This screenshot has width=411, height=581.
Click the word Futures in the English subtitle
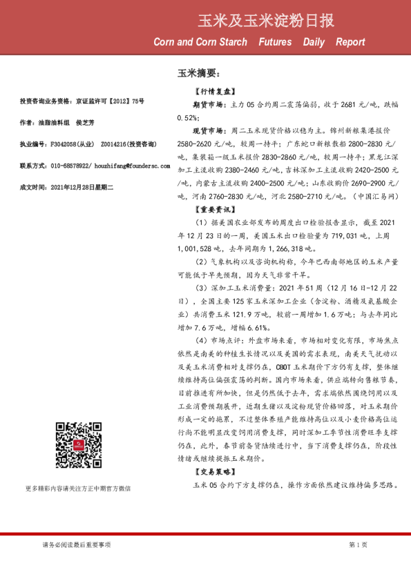pos(275,42)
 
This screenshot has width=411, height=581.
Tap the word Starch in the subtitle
pos(231,42)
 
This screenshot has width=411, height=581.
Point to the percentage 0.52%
pos(187,117)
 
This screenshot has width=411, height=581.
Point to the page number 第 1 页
pos(358,545)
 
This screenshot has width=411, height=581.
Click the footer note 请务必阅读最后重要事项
pos(76,545)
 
